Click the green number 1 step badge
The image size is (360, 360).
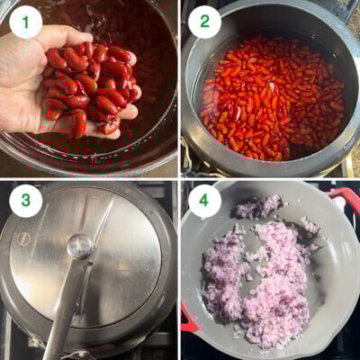click(x=25, y=21)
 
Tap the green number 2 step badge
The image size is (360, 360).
click(x=204, y=21)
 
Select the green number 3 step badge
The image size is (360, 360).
click(x=25, y=201)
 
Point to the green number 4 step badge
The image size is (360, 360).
click(x=204, y=201)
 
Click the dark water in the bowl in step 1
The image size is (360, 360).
click(x=135, y=27)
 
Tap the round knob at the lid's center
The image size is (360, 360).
click(x=80, y=246)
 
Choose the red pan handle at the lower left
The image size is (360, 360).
click(x=188, y=319)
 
